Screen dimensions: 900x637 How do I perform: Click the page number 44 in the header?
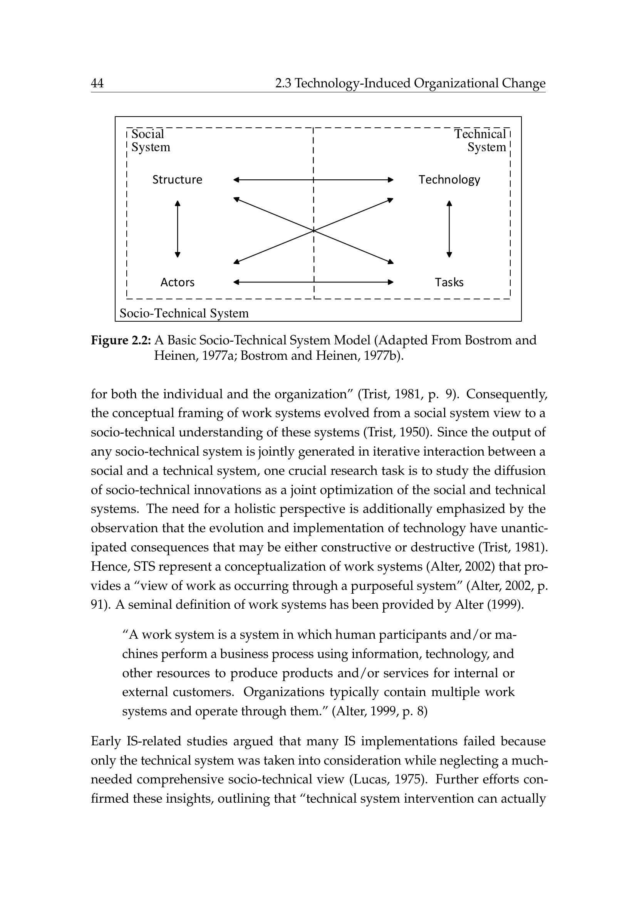(x=97, y=83)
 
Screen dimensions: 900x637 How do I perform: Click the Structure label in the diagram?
(x=177, y=180)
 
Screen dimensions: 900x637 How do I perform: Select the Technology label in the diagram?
(x=449, y=180)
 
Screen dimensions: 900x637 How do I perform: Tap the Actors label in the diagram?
(x=177, y=282)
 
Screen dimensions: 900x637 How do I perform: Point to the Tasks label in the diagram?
(x=449, y=282)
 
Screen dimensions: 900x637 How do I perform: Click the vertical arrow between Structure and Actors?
(x=178, y=229)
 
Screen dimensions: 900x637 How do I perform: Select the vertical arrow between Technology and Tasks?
(x=449, y=229)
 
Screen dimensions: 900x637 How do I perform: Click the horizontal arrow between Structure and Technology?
(x=275, y=180)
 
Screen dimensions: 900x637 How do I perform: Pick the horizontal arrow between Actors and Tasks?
(x=275, y=282)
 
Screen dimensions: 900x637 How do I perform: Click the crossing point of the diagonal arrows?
(x=314, y=230)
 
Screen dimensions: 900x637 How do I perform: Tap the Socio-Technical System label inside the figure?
(x=184, y=313)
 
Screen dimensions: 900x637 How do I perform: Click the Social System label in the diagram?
(x=150, y=140)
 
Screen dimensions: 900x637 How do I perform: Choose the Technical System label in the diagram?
(x=481, y=140)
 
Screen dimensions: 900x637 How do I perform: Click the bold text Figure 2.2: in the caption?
(x=121, y=340)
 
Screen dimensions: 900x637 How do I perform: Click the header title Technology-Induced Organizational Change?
(x=420, y=83)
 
